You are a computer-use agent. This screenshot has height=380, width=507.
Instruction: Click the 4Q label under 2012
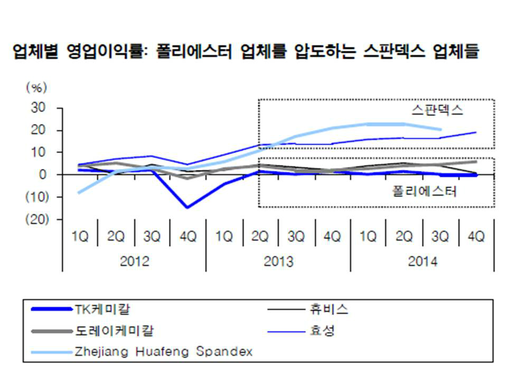coord(188,237)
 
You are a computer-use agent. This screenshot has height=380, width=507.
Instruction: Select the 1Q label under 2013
coord(224,237)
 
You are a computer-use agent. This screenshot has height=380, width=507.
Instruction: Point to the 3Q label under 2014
coord(440,237)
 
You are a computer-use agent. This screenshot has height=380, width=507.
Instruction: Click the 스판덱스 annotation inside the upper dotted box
coord(437,111)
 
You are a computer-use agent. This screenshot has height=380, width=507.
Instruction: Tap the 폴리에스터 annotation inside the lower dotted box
coord(425,191)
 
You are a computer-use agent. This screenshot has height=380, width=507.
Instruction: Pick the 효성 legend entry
coord(320,331)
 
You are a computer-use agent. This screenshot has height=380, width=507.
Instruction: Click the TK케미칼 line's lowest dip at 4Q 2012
coord(188,207)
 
